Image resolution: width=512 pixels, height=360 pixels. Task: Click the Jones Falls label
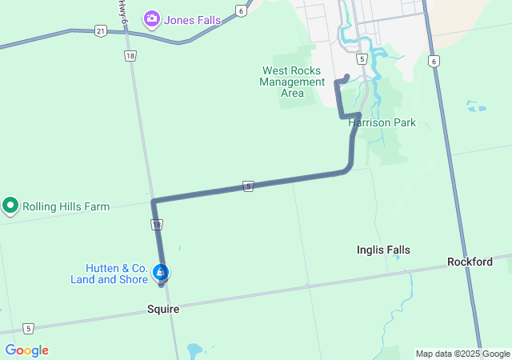click(x=193, y=19)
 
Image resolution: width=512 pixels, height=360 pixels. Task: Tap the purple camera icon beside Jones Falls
click(x=151, y=18)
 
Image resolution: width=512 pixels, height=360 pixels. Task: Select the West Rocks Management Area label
click(x=292, y=82)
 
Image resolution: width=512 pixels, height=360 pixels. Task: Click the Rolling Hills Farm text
click(x=66, y=206)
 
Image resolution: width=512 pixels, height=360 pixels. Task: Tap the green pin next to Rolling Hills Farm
click(x=10, y=206)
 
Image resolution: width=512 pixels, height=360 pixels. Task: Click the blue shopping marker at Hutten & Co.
click(x=161, y=273)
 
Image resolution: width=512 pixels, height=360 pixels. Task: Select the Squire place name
click(x=163, y=309)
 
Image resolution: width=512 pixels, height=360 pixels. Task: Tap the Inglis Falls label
click(x=383, y=250)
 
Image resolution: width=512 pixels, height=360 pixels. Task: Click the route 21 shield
click(x=99, y=31)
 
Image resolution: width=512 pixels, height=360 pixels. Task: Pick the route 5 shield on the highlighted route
click(x=249, y=186)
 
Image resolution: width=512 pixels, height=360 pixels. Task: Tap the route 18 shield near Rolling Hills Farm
click(x=156, y=225)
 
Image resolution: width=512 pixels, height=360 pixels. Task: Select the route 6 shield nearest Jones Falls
click(x=241, y=10)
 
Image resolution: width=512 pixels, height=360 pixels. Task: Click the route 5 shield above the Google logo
click(x=29, y=328)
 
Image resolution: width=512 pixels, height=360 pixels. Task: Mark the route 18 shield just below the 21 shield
click(x=130, y=56)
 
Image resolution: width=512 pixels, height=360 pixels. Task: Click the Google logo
click(x=26, y=350)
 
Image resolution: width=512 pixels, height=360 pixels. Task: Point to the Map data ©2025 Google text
click(x=462, y=354)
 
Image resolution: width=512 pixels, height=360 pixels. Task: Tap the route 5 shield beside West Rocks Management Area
click(x=362, y=59)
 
